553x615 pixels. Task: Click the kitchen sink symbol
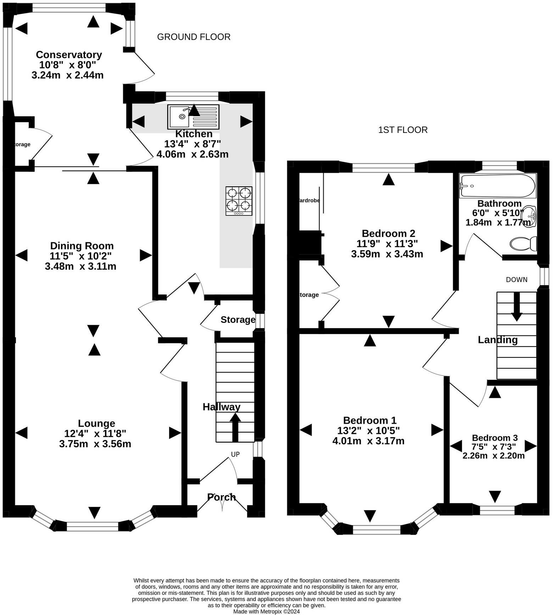point(193,117)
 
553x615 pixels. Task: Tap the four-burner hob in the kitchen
point(239,201)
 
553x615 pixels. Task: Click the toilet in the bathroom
point(523,244)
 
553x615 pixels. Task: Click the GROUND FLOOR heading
point(194,37)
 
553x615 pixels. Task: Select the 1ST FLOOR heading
point(403,130)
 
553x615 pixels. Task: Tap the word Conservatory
point(69,55)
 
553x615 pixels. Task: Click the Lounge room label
point(96,423)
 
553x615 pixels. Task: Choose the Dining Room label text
point(82,246)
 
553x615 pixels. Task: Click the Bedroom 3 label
point(495,438)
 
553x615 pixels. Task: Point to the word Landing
point(498,340)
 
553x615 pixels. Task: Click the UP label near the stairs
point(235,454)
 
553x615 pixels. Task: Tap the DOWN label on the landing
point(516,280)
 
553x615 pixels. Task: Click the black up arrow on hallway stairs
point(235,427)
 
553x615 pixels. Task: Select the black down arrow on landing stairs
point(516,307)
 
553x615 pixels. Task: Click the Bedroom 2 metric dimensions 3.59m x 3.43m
point(387,254)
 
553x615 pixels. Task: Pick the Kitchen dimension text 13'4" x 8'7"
point(192,144)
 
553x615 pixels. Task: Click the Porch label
point(222,497)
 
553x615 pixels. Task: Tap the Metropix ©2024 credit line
point(266,611)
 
